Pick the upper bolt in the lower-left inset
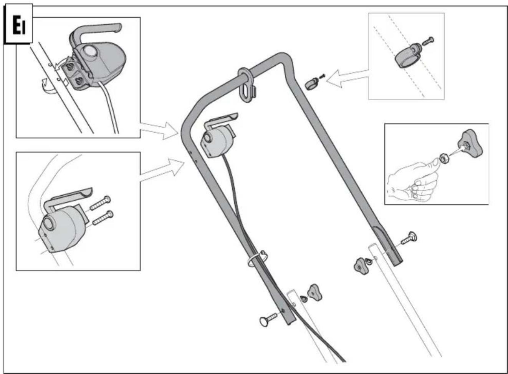tap(101, 203)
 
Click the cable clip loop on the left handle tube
tap(258, 259)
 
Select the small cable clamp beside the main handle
tap(311, 83)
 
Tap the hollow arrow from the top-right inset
tap(347, 78)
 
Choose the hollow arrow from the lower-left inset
tap(162, 170)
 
